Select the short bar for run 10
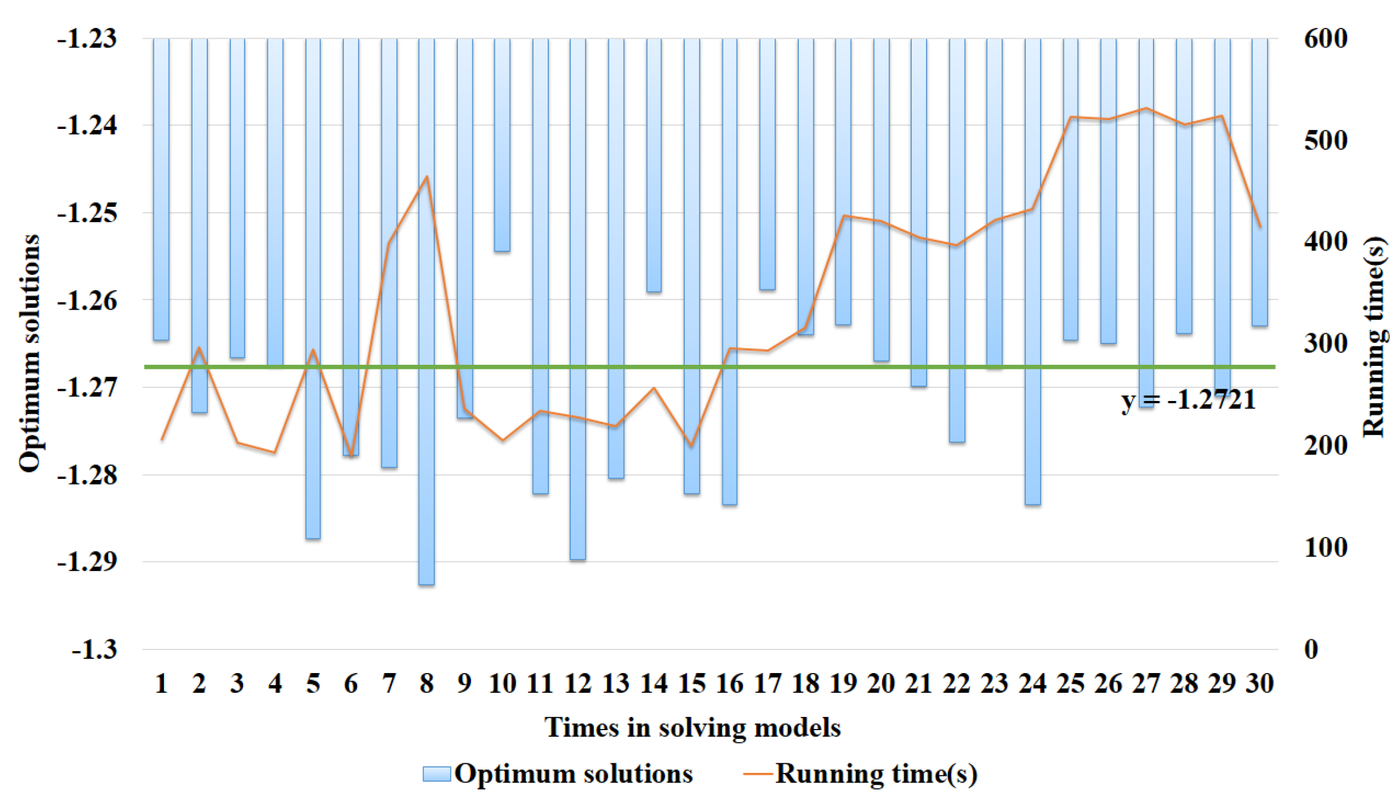click(x=502, y=149)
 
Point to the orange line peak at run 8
click(x=426, y=176)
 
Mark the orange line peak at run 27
click(x=1146, y=108)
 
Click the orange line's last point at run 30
click(x=1260, y=227)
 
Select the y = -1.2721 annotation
click(x=1188, y=400)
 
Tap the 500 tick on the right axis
click(x=1325, y=141)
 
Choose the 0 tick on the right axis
click(x=1311, y=649)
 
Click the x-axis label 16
click(x=729, y=684)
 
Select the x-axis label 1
click(x=161, y=684)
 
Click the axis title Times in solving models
click(x=692, y=728)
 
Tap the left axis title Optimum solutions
click(x=29, y=353)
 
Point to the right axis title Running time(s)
click(x=1374, y=337)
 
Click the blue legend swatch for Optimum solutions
click(x=436, y=773)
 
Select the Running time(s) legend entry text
click(x=876, y=773)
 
